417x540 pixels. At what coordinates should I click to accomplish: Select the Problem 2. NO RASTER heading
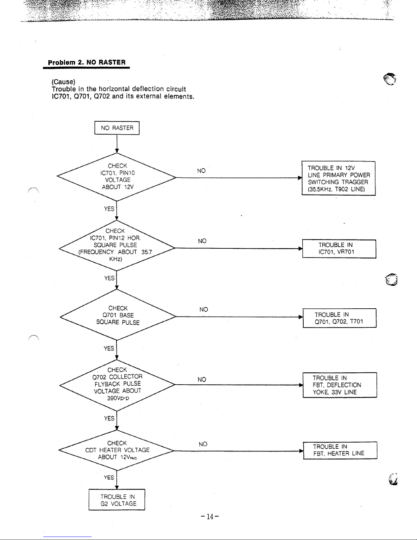coord(86,62)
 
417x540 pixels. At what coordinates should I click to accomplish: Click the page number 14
coord(210,516)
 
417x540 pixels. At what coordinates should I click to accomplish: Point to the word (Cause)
coord(63,82)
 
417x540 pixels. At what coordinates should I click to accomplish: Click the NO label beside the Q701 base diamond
coord(204,309)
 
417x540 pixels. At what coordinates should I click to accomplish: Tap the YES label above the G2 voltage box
coord(109,477)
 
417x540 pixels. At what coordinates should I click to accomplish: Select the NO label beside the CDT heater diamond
coord(203,444)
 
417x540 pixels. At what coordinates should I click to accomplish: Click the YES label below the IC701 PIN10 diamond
coord(109,209)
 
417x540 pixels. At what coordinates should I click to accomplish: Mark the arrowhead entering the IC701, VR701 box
coord(300,248)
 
